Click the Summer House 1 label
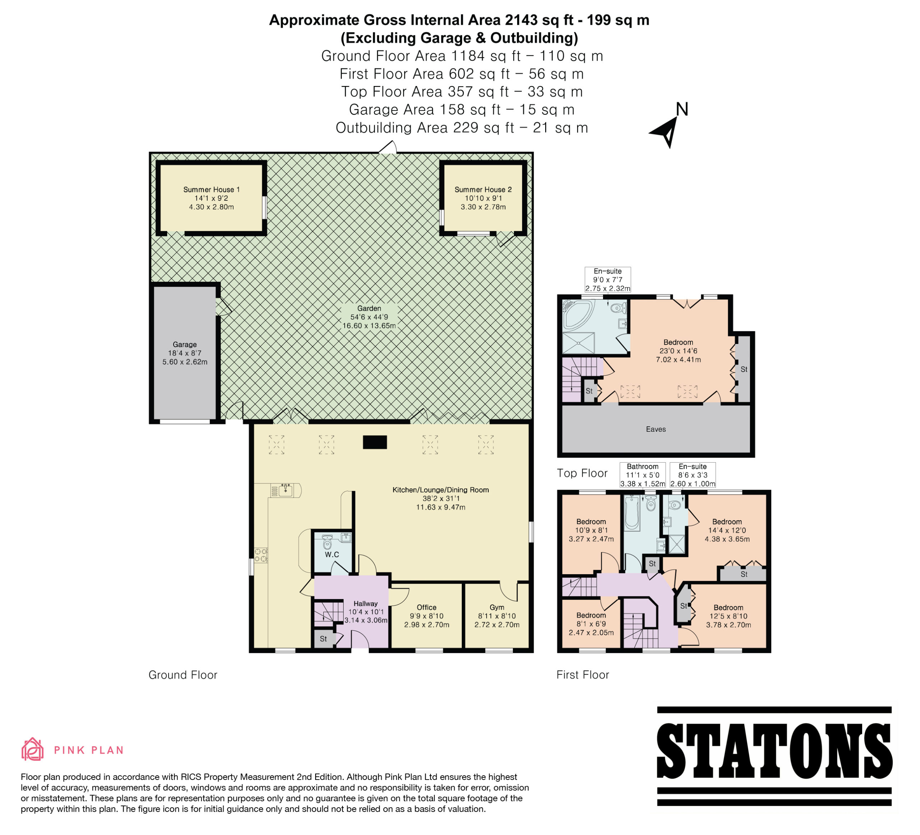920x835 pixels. point(211,198)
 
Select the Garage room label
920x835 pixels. point(185,353)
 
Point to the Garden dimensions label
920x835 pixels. point(369,317)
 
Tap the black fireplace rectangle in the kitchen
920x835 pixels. point(375,442)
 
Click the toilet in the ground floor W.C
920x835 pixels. point(327,542)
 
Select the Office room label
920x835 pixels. point(427,616)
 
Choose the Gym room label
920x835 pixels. point(497,616)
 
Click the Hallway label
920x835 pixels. point(365,612)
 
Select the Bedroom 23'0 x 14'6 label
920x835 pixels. point(678,351)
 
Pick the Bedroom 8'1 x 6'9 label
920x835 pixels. point(591,623)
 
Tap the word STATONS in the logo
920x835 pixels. point(774,752)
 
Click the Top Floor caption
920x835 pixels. point(582,473)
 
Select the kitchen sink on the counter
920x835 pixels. point(286,490)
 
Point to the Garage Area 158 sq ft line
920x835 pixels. point(461,110)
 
